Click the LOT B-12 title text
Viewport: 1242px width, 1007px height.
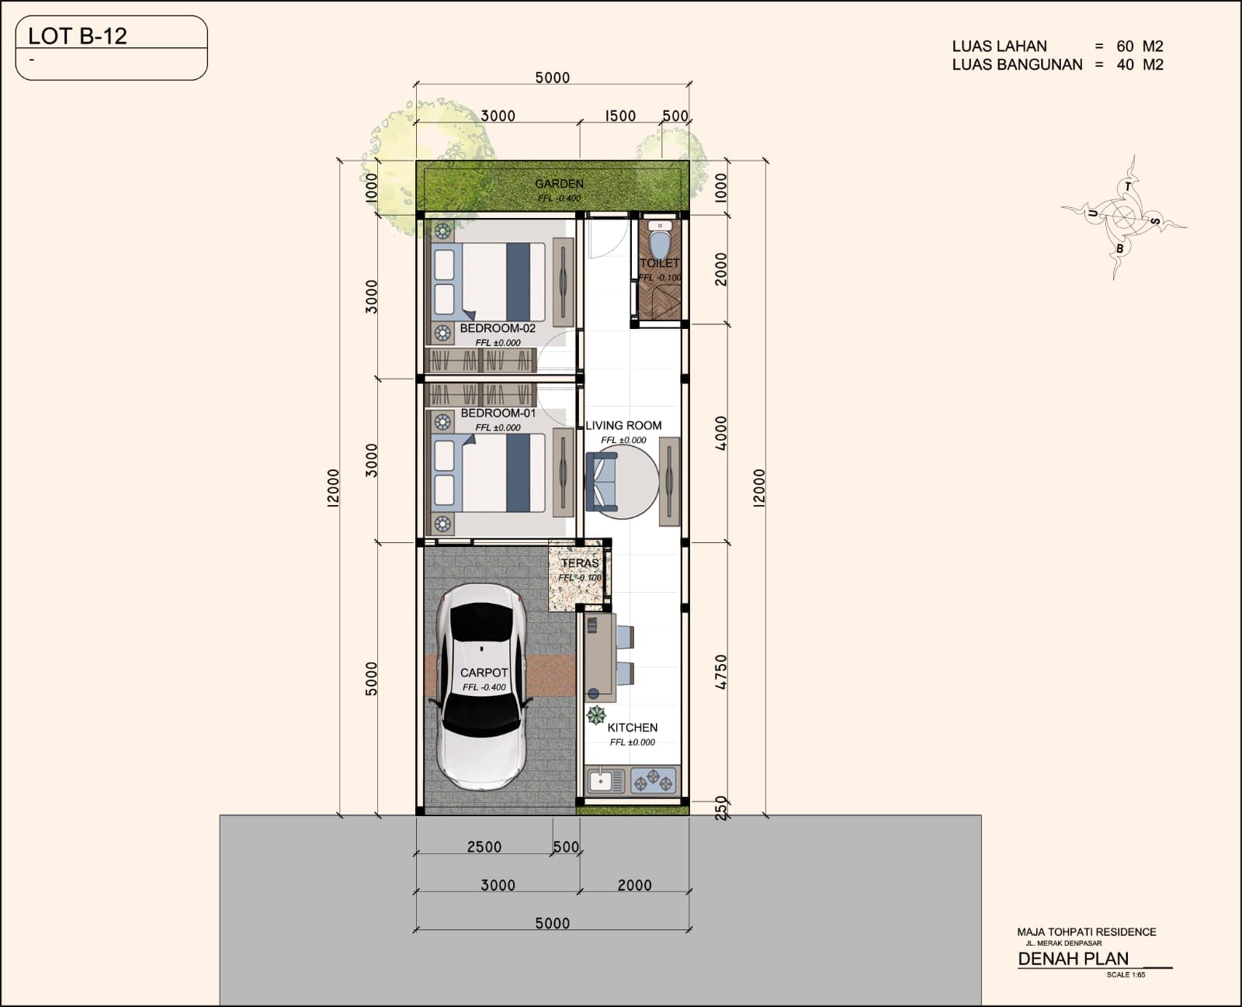[x=78, y=36]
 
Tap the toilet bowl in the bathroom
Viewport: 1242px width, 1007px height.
[x=660, y=242]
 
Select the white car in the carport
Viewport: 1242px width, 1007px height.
[x=481, y=687]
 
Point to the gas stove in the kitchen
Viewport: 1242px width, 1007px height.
[x=653, y=781]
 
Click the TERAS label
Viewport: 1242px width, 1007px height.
[x=580, y=563]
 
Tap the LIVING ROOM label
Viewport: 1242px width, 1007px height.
[x=623, y=425]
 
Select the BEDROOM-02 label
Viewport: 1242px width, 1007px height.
[x=498, y=328]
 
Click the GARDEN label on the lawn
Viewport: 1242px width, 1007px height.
[x=559, y=184]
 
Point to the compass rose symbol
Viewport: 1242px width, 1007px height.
[x=1123, y=217]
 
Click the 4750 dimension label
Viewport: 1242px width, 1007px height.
[x=720, y=672]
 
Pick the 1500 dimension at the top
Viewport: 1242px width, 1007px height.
[x=619, y=116]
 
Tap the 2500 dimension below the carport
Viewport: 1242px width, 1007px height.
[x=484, y=846]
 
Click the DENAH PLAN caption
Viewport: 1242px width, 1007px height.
[x=1073, y=959]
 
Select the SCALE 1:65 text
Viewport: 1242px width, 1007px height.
[x=1126, y=974]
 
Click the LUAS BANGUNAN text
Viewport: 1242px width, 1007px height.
[x=1017, y=64]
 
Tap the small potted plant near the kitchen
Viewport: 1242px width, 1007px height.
[x=596, y=715]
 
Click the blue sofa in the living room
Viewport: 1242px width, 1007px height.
[x=601, y=481]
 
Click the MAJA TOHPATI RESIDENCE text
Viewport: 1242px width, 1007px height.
[x=1086, y=932]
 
